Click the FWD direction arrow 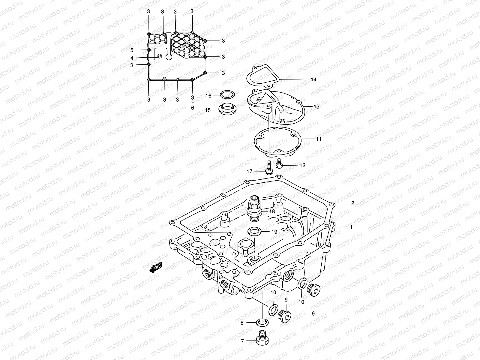[x=156, y=268]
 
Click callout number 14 [x=313, y=80]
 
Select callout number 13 [x=316, y=106]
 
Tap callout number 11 [x=318, y=139]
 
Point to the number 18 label [x=272, y=211]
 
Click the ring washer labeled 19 [x=254, y=231]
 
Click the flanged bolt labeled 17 [x=269, y=169]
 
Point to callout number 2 [x=352, y=203]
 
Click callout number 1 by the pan [x=351, y=227]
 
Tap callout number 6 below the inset [x=192, y=107]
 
